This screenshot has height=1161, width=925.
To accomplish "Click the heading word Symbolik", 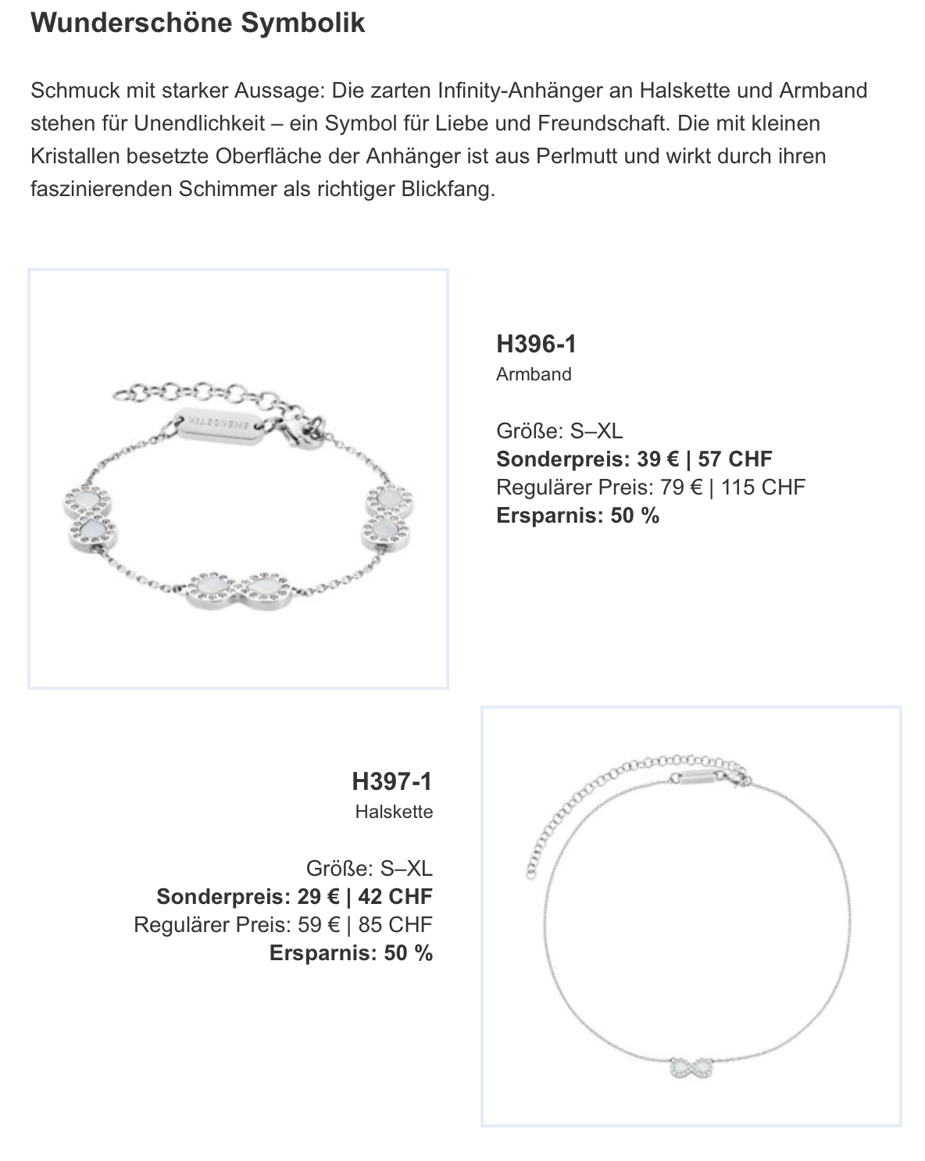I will (302, 23).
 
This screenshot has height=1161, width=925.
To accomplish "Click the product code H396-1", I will (536, 344).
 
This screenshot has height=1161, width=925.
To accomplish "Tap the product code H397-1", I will (391, 781).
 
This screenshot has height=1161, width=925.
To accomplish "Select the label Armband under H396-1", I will (534, 374).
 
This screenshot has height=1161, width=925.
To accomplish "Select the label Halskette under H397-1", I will (394, 812).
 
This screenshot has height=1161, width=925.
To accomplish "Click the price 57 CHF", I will (734, 459).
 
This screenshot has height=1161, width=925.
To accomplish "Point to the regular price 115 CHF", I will (762, 487).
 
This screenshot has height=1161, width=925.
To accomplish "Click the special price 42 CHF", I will (395, 896).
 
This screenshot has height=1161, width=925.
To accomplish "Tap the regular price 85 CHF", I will (395, 924).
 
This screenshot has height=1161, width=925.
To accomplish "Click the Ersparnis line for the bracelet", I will (577, 515).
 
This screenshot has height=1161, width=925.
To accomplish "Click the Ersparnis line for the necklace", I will (351, 952).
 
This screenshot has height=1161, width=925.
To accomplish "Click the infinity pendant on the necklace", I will (691, 1067).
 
